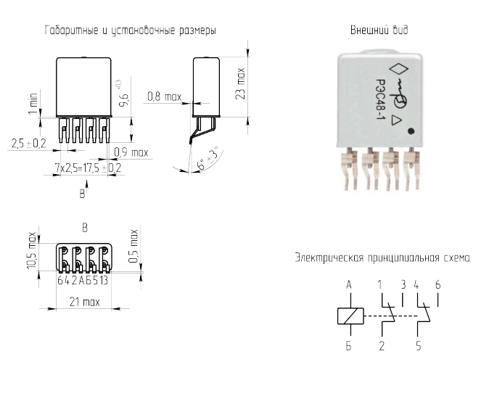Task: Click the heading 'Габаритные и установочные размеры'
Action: pos(131,30)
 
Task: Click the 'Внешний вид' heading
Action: pos(379,30)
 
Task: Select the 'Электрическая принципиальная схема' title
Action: pos(382,257)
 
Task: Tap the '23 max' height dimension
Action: pos(241,83)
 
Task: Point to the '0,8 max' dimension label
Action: pos(165,96)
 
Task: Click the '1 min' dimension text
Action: pos(33,103)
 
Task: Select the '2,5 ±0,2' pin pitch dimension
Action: pos(29,143)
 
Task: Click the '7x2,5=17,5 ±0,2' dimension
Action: pos(88,168)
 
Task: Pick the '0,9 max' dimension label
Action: pos(131,152)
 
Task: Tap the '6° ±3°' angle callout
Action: pos(208,158)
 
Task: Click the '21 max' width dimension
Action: pos(84,302)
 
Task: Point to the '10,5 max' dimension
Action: pos(32,250)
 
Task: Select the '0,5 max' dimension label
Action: pos(134,246)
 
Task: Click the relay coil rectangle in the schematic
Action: pos(350,316)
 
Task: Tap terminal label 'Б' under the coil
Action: pos(349,346)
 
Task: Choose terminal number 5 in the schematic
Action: pos(419,346)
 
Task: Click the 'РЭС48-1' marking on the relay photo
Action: pos(379,100)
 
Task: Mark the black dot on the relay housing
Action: pos(411,131)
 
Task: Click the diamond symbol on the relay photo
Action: pos(399,69)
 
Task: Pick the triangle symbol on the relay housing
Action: pos(396,120)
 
